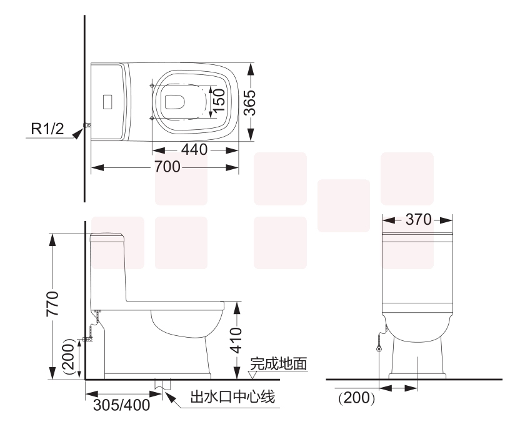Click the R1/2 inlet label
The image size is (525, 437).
click(x=49, y=130)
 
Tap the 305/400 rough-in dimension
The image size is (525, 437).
click(x=121, y=405)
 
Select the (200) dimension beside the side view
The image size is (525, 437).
click(x=70, y=357)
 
